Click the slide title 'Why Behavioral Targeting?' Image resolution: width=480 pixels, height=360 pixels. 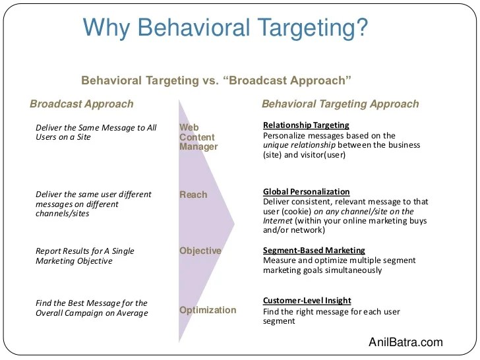pos(225,30)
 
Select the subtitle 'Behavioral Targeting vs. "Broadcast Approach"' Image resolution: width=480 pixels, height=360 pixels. pos(216,80)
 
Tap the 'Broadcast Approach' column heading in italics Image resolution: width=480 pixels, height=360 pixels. pos(82,104)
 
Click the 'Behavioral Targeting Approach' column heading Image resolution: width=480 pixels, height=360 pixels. pos(340,104)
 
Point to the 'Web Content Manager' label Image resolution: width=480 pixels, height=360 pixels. pos(198,136)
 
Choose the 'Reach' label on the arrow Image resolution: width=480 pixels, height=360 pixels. pos(193,195)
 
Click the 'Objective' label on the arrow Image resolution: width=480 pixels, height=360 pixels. pos(200,251)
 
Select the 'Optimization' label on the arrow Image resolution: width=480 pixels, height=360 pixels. pos(208,310)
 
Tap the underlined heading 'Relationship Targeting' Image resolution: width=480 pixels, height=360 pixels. pos(306,125)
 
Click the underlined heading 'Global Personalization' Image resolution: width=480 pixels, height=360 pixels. pos(306,192)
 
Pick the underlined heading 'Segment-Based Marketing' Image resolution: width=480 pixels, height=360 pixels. pos(313,251)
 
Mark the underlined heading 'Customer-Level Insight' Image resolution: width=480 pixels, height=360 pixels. pos(307,301)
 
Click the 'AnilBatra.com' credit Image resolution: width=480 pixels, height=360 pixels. pos(405,342)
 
